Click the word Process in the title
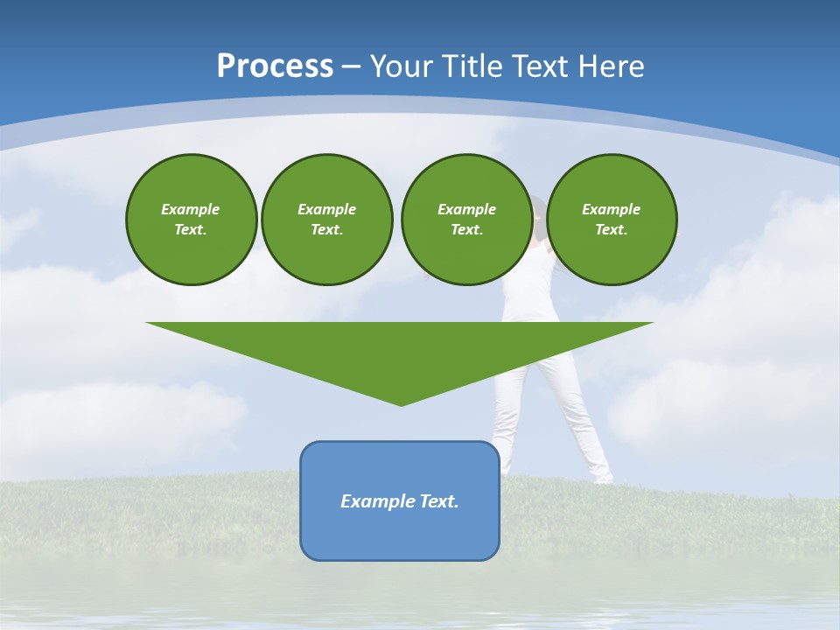275,66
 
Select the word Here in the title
612,66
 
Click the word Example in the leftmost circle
191,209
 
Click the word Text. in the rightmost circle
611,229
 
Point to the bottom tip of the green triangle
401,403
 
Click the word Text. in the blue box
439,501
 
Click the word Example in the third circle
466,209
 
